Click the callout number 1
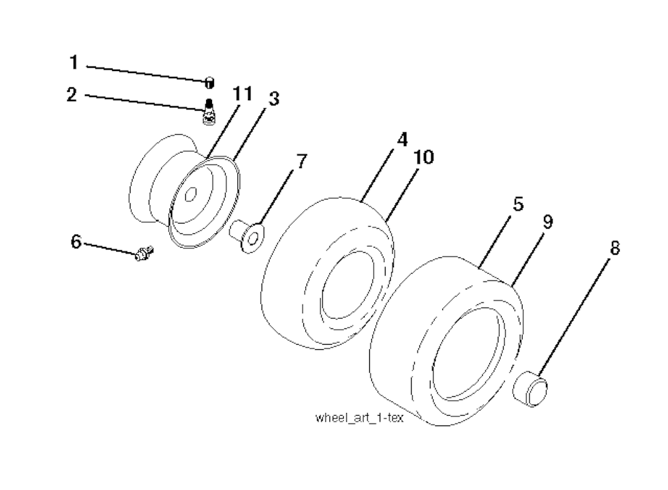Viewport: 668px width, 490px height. pos(74,62)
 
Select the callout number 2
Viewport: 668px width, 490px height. pos(72,94)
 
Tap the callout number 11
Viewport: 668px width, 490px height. pos(243,94)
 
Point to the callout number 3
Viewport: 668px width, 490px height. pos(273,98)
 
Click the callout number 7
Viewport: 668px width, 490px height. pos(301,162)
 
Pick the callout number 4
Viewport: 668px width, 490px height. pos(402,139)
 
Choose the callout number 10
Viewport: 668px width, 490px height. pos(424,157)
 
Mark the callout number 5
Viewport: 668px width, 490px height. pos(517,204)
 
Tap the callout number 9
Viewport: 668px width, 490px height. pos(548,222)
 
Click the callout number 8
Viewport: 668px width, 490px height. pos(615,248)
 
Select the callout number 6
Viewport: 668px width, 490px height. pos(76,242)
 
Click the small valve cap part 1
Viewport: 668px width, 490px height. pos(209,83)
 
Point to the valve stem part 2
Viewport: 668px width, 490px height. pos(209,112)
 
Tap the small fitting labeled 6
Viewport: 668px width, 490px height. pos(144,253)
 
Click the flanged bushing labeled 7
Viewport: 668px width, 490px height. pos(247,236)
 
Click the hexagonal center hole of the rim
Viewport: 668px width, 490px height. pos(191,194)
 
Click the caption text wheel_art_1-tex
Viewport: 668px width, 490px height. pos(359,418)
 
